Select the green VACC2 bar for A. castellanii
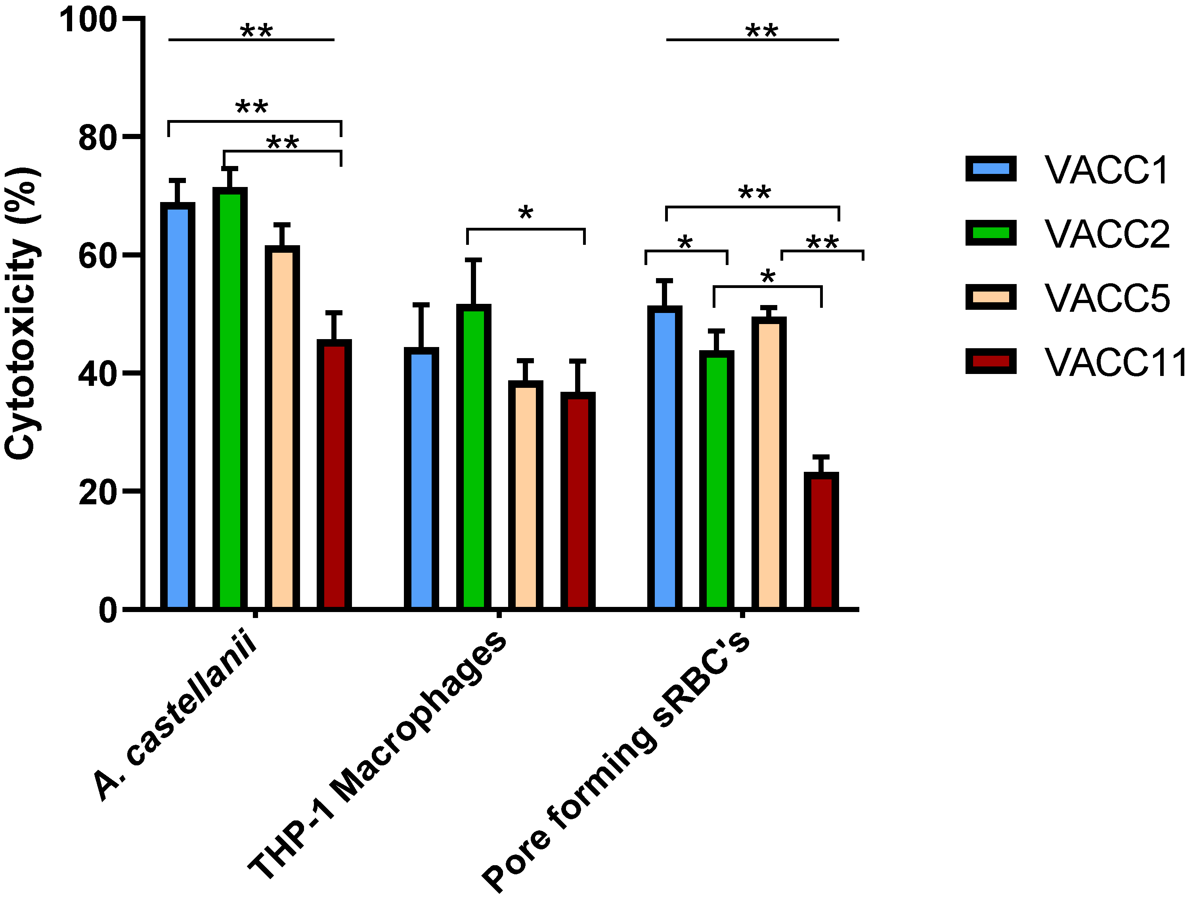[x=230, y=398]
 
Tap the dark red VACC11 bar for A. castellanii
[x=334, y=474]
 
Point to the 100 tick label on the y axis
[x=88, y=21]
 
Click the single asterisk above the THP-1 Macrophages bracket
[x=525, y=214]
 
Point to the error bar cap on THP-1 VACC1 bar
[x=421, y=305]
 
